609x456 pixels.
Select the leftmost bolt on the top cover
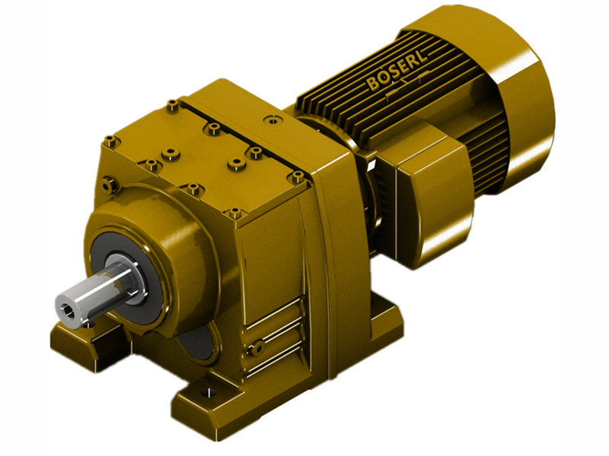(110, 140)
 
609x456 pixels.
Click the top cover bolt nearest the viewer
(235, 212)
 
